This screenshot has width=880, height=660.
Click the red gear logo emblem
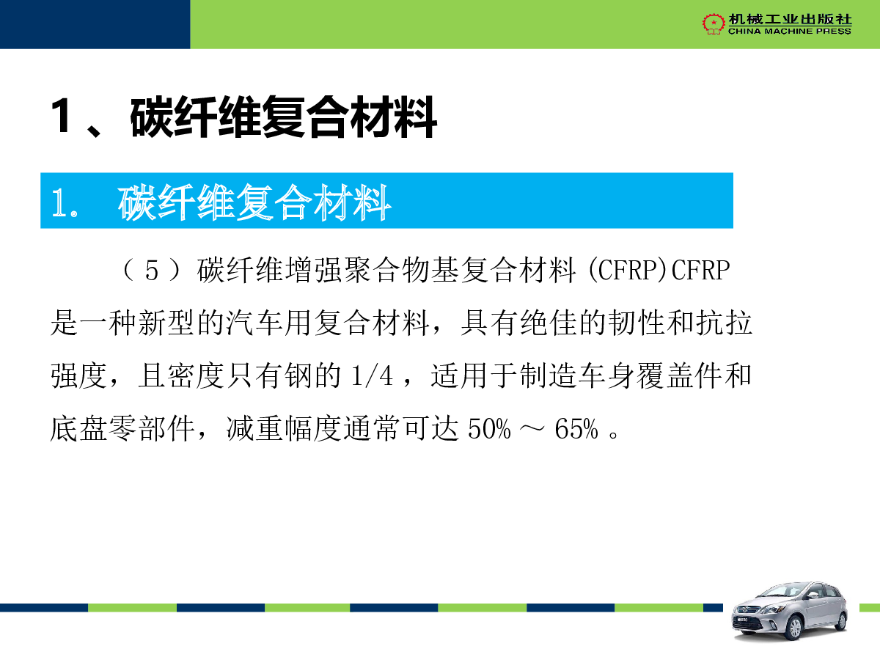(x=714, y=23)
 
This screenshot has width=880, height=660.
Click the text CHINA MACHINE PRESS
(x=789, y=32)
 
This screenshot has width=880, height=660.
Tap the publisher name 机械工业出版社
(x=790, y=19)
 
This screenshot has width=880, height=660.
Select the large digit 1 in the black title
(x=62, y=115)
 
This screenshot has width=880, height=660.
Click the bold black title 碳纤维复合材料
(x=284, y=117)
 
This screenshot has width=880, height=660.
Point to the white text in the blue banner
(x=221, y=202)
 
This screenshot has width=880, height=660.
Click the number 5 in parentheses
(x=152, y=270)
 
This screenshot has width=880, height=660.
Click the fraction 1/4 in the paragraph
(x=372, y=376)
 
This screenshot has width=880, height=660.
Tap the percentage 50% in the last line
(x=490, y=429)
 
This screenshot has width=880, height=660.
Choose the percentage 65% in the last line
(x=576, y=429)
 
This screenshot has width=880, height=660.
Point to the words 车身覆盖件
(x=650, y=376)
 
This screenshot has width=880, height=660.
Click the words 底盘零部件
(x=122, y=429)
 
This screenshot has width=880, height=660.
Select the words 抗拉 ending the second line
(x=724, y=323)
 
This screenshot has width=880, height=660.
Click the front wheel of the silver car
(x=793, y=628)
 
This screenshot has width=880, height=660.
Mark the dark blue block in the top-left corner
(x=95, y=24)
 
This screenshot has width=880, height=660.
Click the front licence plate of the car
(x=742, y=620)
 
